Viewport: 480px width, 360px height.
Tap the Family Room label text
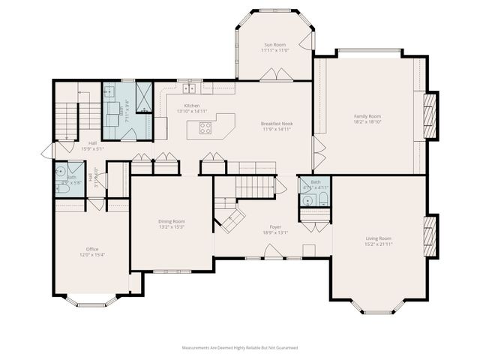click(x=367, y=116)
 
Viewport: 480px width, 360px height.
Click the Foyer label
click(x=275, y=226)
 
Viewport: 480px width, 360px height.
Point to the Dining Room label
click(x=172, y=221)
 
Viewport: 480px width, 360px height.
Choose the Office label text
click(x=92, y=249)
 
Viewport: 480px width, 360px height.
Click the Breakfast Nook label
click(x=277, y=123)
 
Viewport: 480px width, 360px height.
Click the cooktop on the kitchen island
click(x=205, y=127)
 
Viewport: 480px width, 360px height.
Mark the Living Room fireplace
click(x=430, y=237)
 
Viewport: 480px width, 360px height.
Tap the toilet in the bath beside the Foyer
click(x=322, y=199)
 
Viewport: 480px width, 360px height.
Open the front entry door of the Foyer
click(x=275, y=257)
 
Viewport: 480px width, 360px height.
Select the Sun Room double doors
click(x=271, y=74)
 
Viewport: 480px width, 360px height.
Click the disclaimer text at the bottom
click(x=240, y=348)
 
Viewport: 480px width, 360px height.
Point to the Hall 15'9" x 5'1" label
click(x=92, y=145)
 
